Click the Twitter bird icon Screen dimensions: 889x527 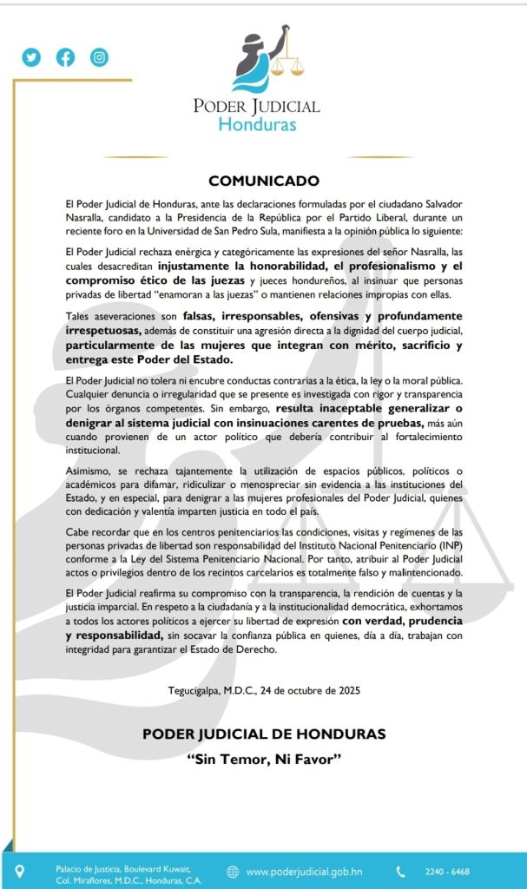[32, 57]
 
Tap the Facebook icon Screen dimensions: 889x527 [66, 57]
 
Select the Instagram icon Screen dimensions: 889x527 [100, 57]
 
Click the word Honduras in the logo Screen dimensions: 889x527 [257, 124]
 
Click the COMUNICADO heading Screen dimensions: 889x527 [264, 181]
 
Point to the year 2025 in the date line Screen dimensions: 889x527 [344, 691]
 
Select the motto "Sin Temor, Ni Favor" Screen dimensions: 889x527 [264, 759]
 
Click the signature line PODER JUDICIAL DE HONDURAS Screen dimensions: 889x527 [264, 734]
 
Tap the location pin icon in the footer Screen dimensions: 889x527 [20, 871]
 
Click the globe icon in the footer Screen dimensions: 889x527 [233, 872]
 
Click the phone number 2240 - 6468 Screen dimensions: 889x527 [448, 872]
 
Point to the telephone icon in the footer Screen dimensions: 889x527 [400, 872]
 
